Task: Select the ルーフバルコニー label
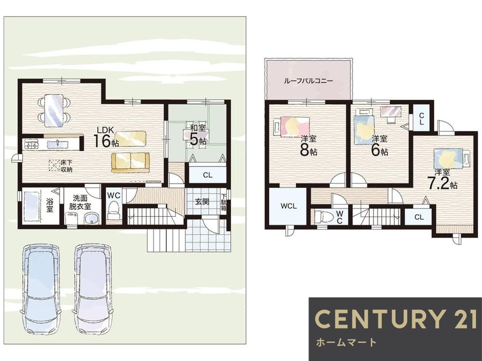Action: point(308,81)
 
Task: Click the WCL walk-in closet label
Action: point(288,206)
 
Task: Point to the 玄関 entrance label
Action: point(202,202)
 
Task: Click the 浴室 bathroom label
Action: point(50,205)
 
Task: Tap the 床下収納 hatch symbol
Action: point(54,165)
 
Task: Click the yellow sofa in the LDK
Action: point(130,162)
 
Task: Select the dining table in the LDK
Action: point(54,110)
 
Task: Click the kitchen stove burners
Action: point(30,144)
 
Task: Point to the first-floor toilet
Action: point(113,210)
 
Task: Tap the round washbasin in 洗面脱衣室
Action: point(91,219)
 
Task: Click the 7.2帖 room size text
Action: point(442,183)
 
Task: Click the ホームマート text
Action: point(346,342)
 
